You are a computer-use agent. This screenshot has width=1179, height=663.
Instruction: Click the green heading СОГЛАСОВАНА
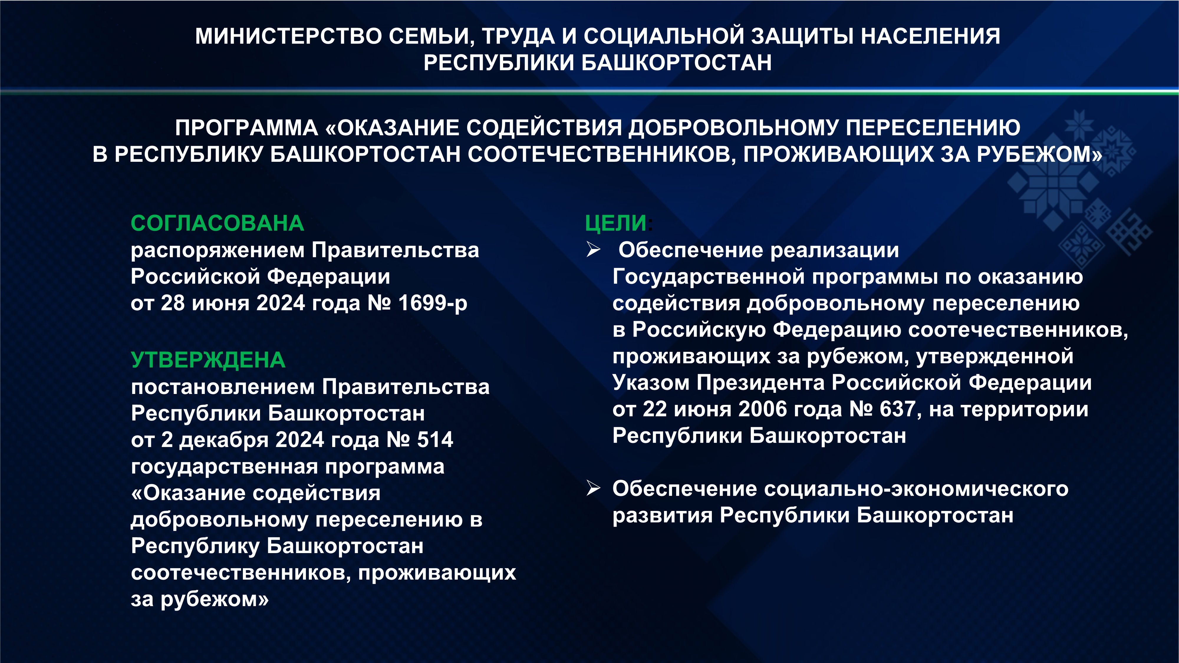[x=218, y=223]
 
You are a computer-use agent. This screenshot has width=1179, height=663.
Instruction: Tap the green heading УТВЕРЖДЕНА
[x=208, y=360]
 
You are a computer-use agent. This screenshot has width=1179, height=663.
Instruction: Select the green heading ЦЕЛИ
[x=616, y=223]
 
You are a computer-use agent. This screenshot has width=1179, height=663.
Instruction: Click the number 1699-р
[x=432, y=303]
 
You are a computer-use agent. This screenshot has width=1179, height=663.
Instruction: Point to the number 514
[x=435, y=440]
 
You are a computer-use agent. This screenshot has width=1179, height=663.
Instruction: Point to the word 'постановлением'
[x=223, y=387]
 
